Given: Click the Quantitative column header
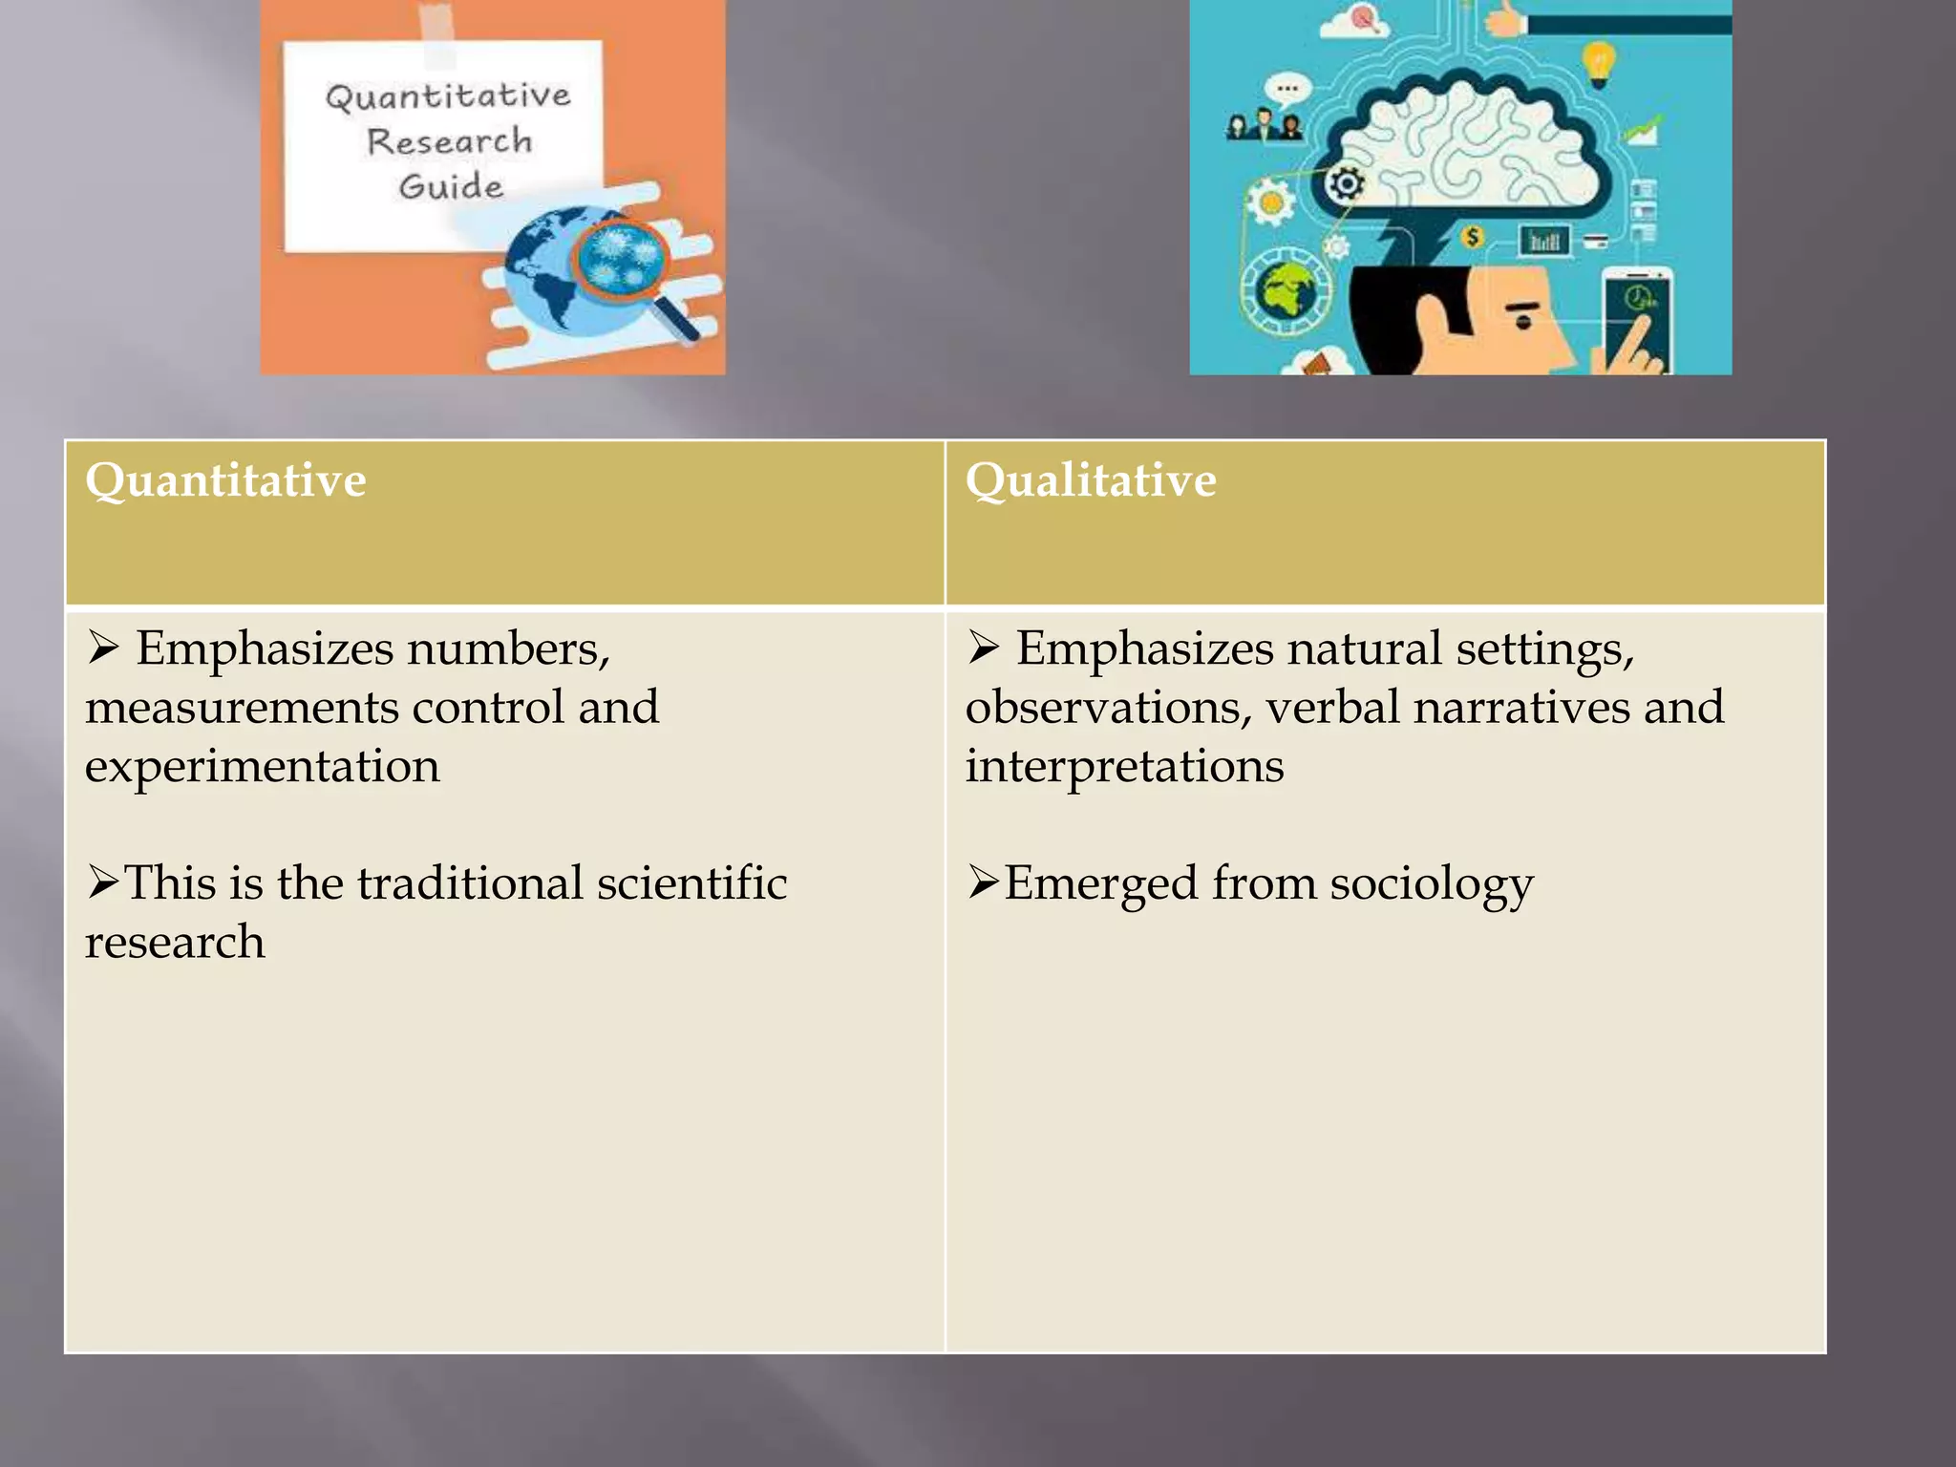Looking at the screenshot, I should (225, 479).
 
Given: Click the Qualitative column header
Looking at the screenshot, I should (1091, 479).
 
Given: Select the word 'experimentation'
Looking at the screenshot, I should (263, 766).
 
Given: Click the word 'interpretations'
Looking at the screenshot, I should (1124, 766).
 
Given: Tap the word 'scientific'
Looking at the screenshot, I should (691, 882).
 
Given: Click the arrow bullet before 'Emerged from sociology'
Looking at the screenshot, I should (983, 881).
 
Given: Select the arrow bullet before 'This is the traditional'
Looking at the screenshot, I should (102, 881).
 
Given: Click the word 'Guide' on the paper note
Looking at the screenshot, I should (451, 186).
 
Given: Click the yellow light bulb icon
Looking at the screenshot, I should (1599, 62).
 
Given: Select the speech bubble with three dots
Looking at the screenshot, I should (1286, 90).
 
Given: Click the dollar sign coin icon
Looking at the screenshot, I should (1473, 236).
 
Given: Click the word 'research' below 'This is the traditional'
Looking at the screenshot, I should (175, 943).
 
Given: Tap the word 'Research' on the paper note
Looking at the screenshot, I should (449, 141).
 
